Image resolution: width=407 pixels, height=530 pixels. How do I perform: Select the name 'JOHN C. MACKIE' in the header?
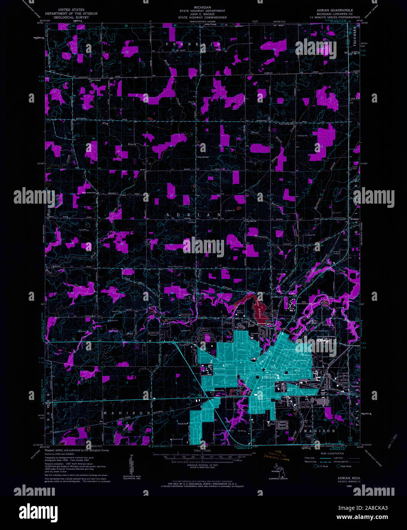coord(203,14)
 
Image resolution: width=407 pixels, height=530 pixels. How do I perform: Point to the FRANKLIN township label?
coord(193,45)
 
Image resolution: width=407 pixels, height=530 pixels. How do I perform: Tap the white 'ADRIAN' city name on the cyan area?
coord(268,377)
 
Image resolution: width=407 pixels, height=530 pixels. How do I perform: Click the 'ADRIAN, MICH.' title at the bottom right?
coord(349,478)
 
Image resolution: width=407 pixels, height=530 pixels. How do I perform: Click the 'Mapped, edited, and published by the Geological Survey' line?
coord(77,450)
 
